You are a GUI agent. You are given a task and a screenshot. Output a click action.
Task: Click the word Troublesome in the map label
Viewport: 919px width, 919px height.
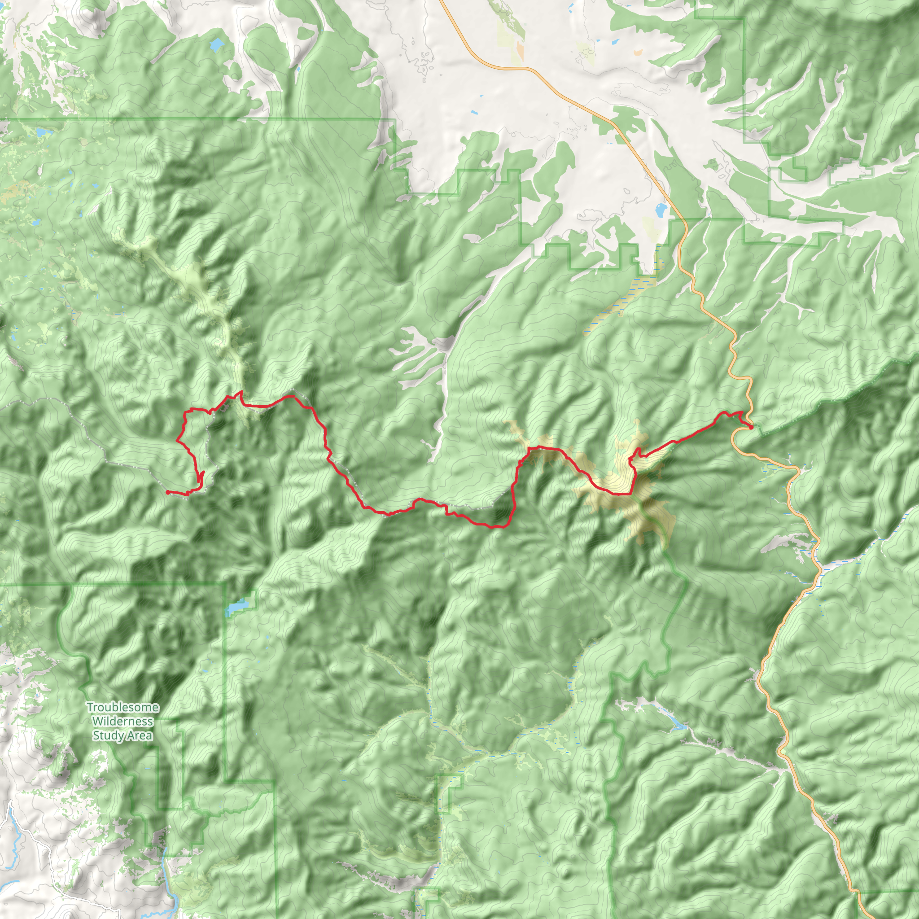tap(122, 707)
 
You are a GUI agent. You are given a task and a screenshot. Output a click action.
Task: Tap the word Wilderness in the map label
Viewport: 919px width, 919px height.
tap(122, 721)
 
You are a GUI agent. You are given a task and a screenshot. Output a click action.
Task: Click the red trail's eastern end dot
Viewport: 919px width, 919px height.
tap(751, 427)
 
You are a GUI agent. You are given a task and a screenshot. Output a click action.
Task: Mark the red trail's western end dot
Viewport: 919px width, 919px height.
tap(167, 492)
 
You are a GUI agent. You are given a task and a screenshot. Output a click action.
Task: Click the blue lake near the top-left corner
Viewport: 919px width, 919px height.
tap(217, 46)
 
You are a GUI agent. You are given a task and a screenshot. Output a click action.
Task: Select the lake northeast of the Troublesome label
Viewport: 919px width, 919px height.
tap(236, 608)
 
